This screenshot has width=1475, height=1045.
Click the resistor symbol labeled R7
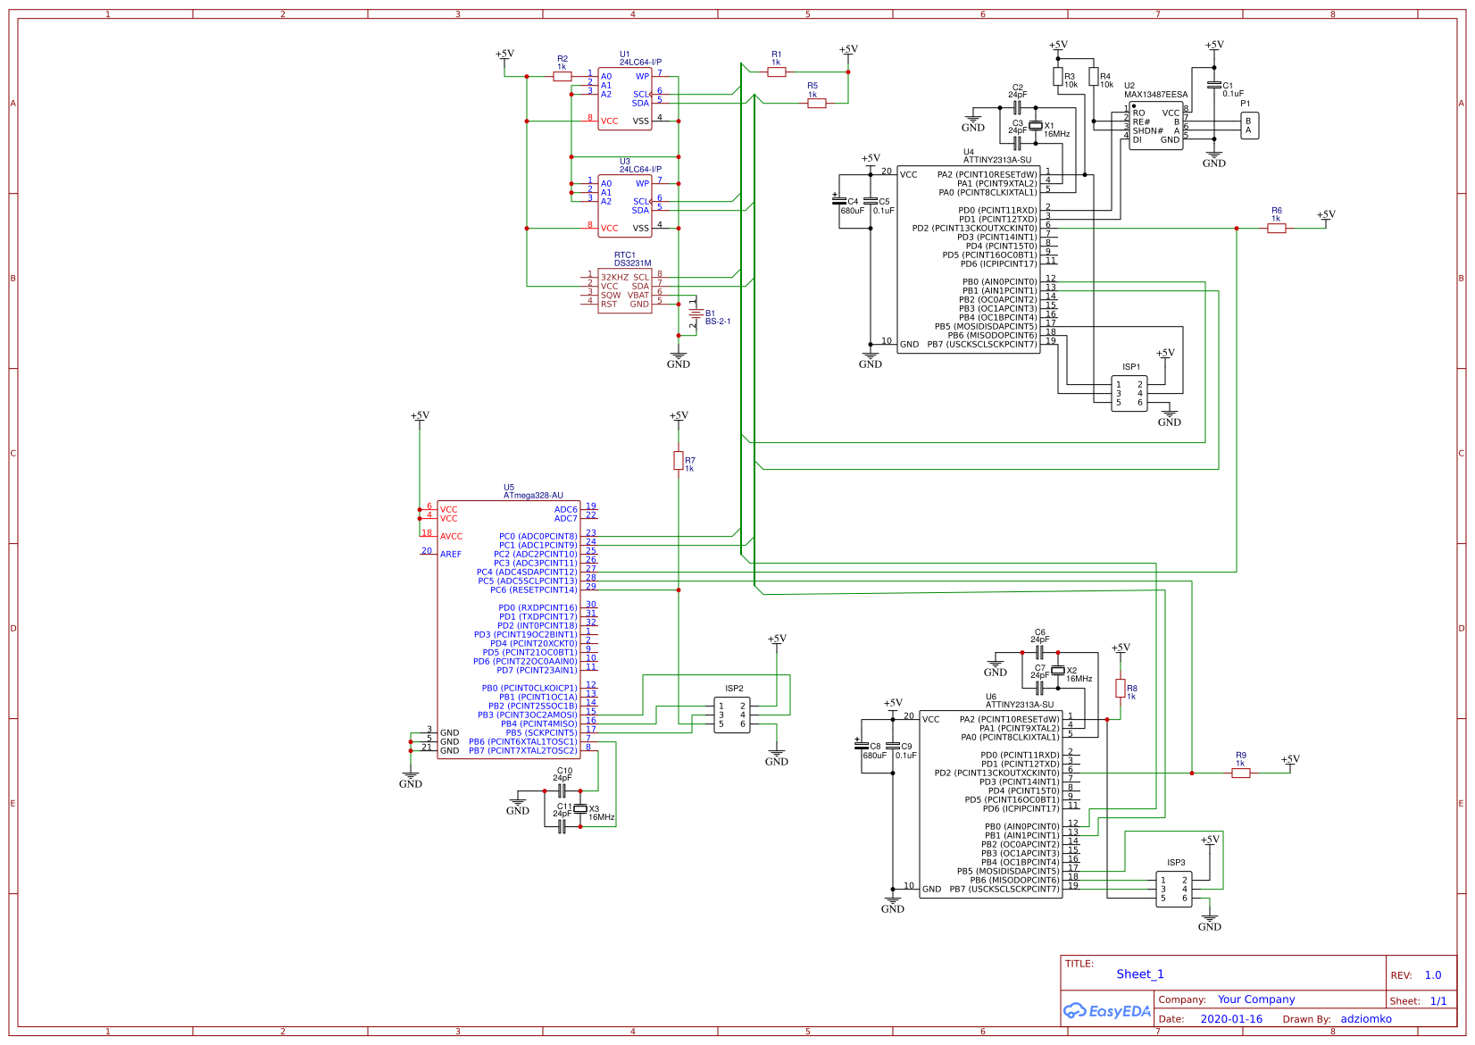(x=678, y=461)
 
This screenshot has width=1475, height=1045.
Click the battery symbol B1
(x=696, y=313)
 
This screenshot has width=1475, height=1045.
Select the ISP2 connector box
(x=731, y=715)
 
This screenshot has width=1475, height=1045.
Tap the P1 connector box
(x=1249, y=126)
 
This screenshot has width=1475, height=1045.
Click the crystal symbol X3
(x=580, y=809)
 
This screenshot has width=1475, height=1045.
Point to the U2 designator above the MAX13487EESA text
(x=1129, y=86)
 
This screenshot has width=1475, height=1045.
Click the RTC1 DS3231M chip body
(x=624, y=290)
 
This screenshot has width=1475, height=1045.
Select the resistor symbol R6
(x=1277, y=229)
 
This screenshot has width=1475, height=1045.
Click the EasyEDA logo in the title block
(x=1107, y=1011)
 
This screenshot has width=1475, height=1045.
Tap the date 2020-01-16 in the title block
(x=1231, y=1019)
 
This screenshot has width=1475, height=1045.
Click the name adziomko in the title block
(x=1365, y=1019)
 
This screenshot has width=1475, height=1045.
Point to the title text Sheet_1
(x=1140, y=974)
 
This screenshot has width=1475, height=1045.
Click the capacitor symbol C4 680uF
(x=838, y=201)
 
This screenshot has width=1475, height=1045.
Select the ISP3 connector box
(x=1173, y=889)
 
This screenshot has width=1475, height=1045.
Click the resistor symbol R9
(x=1241, y=773)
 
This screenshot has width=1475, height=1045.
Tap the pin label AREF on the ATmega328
(x=451, y=555)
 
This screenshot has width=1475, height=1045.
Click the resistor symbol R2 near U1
(x=562, y=77)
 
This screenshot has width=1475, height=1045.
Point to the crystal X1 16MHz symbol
(x=1036, y=126)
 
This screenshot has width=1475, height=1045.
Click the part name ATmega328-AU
(x=533, y=496)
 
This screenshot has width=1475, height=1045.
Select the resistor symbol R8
(x=1120, y=688)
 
